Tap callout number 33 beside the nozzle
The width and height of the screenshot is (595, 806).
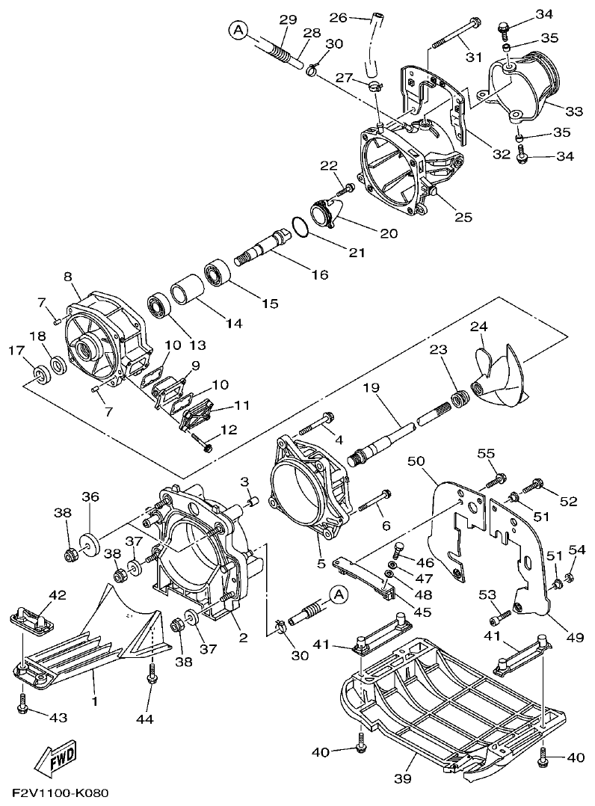point(573,111)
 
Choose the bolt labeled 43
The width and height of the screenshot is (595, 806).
point(23,703)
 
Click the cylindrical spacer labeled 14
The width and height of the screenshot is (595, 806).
point(185,292)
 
